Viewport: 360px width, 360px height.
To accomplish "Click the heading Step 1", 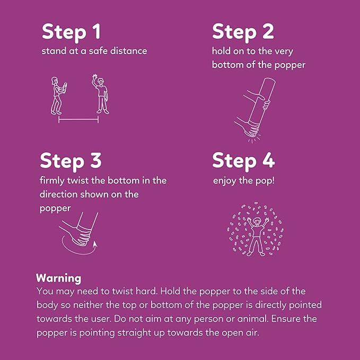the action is tap(71, 32).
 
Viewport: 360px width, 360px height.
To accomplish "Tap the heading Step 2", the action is tap(243, 32).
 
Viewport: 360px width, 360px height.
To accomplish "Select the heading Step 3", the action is tap(71, 161).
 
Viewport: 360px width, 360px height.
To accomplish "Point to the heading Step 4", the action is tap(243, 161).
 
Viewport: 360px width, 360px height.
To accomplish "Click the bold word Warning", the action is tap(58, 278).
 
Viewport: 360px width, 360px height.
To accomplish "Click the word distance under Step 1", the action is tap(128, 51).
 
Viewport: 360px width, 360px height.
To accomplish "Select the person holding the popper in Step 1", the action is tap(58, 96).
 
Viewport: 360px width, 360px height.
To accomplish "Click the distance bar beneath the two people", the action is tap(78, 119).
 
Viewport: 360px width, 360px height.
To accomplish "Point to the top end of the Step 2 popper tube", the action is tap(269, 81).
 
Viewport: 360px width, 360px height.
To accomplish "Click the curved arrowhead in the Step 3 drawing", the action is tap(95, 244).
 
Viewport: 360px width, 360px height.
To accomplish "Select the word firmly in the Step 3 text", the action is tap(52, 181).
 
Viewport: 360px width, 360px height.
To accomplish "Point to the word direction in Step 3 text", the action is tap(58, 195).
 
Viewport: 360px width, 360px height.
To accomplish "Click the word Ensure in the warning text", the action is tap(286, 319).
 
